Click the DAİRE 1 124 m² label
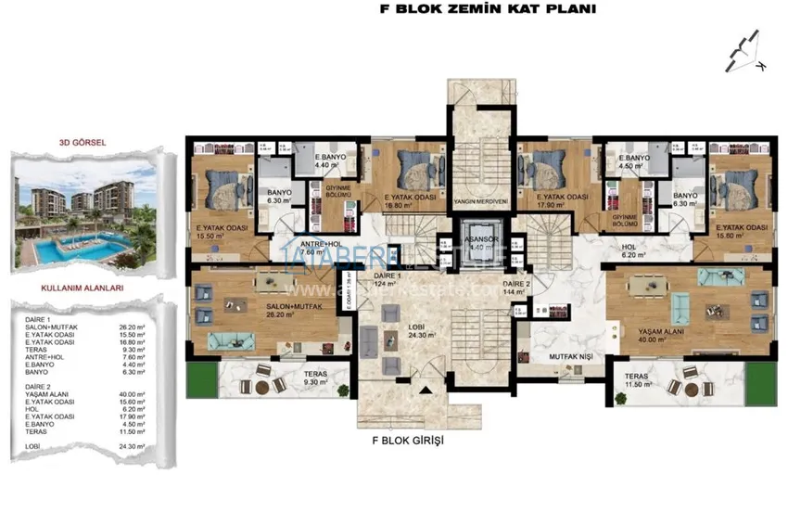386,281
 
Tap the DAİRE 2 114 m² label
515,287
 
